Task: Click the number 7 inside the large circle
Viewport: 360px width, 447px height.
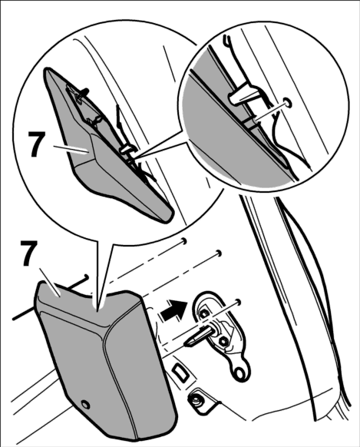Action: click(37, 144)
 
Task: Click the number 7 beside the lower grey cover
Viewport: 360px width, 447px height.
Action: click(29, 253)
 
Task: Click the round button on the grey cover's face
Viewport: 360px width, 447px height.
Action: click(85, 405)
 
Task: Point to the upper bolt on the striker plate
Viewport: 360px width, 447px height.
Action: click(203, 313)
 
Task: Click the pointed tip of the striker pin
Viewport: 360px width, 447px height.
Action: click(186, 344)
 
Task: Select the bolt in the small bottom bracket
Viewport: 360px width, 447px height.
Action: click(196, 402)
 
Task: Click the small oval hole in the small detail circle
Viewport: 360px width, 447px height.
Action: click(288, 103)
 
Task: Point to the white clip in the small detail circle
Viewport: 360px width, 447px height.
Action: click(239, 96)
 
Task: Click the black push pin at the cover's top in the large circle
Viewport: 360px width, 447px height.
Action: click(83, 93)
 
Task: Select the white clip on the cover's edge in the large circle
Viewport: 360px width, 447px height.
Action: click(127, 150)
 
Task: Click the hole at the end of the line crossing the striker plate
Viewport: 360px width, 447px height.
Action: click(239, 302)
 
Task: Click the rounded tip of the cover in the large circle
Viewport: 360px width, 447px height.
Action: click(168, 215)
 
